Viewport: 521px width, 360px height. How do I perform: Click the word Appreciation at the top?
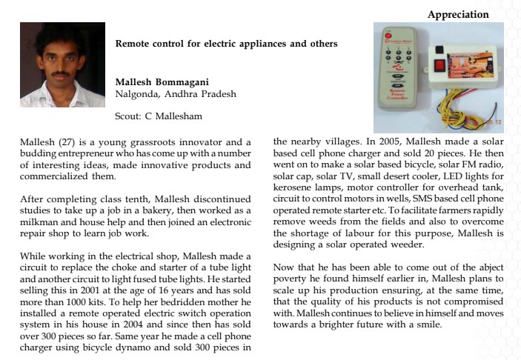pos(458,15)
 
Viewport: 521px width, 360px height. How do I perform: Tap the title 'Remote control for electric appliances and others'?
pos(226,44)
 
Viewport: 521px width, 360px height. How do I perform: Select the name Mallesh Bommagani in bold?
pos(162,81)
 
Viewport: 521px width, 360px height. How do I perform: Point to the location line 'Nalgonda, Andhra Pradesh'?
pos(176,94)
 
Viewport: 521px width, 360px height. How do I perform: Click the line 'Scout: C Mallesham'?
pos(159,116)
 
